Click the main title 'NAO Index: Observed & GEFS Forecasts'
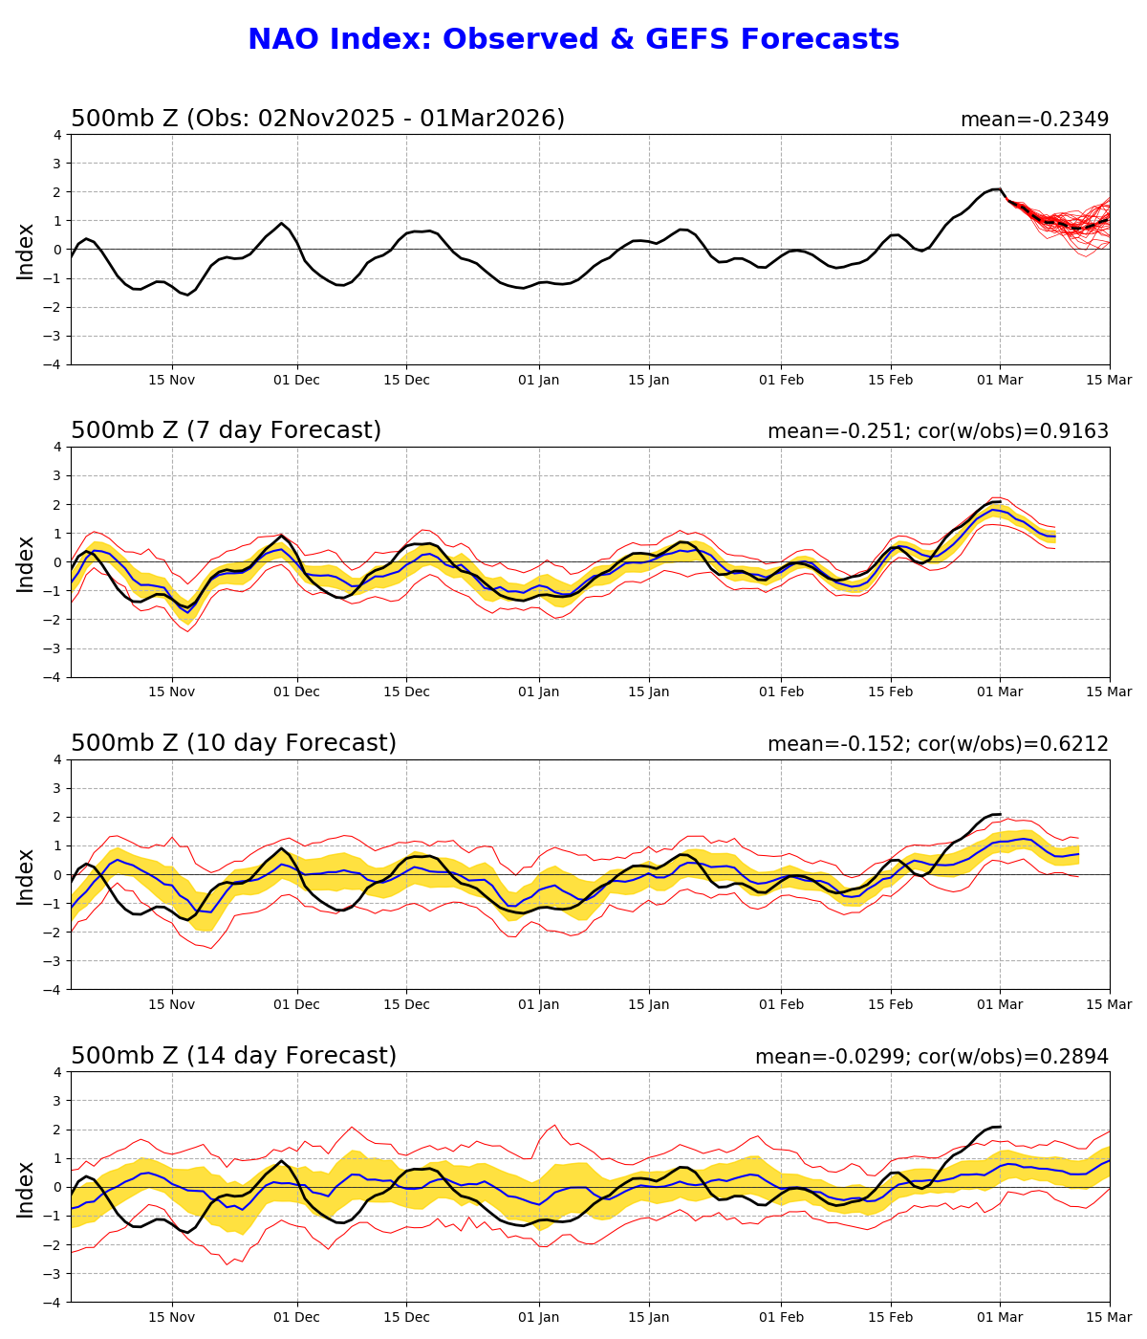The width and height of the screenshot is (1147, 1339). (x=573, y=39)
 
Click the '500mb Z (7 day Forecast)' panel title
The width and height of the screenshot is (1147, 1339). (x=226, y=430)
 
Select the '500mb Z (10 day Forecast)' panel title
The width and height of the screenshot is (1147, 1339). (x=233, y=743)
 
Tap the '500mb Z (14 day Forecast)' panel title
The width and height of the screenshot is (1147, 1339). (x=233, y=1056)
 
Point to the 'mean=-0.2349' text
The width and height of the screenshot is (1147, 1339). (x=1034, y=120)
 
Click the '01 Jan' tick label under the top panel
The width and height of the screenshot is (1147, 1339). (x=538, y=380)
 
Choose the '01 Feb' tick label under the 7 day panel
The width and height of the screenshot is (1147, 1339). (x=781, y=692)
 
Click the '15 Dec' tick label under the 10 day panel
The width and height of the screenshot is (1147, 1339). (x=406, y=1005)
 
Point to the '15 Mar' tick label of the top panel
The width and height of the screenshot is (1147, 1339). (x=1109, y=380)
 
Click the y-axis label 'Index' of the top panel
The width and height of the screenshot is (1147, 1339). (x=26, y=251)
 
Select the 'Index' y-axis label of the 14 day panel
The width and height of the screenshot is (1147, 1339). (x=26, y=1188)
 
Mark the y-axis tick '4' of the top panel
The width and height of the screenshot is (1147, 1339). (x=58, y=135)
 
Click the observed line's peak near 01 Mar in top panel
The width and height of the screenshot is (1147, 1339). (x=997, y=189)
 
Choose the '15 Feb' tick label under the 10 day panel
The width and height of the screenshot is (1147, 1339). (x=891, y=1005)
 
